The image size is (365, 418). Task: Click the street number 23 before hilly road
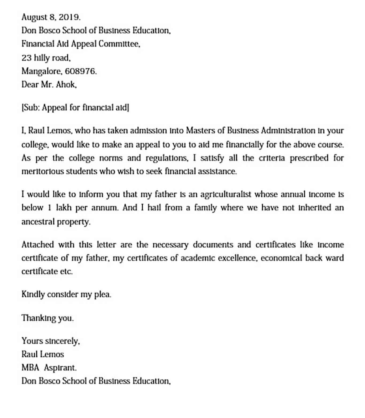point(26,57)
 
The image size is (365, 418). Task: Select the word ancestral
point(37,222)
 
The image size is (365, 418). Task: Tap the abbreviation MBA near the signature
point(30,368)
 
